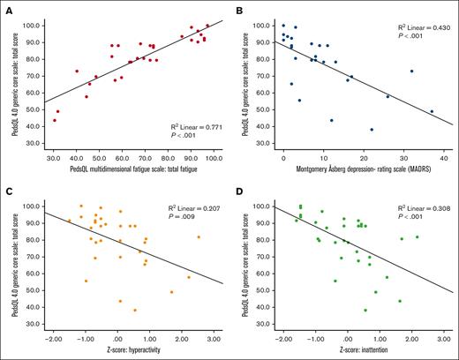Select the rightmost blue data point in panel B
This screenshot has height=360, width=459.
coord(432,111)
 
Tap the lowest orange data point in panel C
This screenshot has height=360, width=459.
coord(135,310)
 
